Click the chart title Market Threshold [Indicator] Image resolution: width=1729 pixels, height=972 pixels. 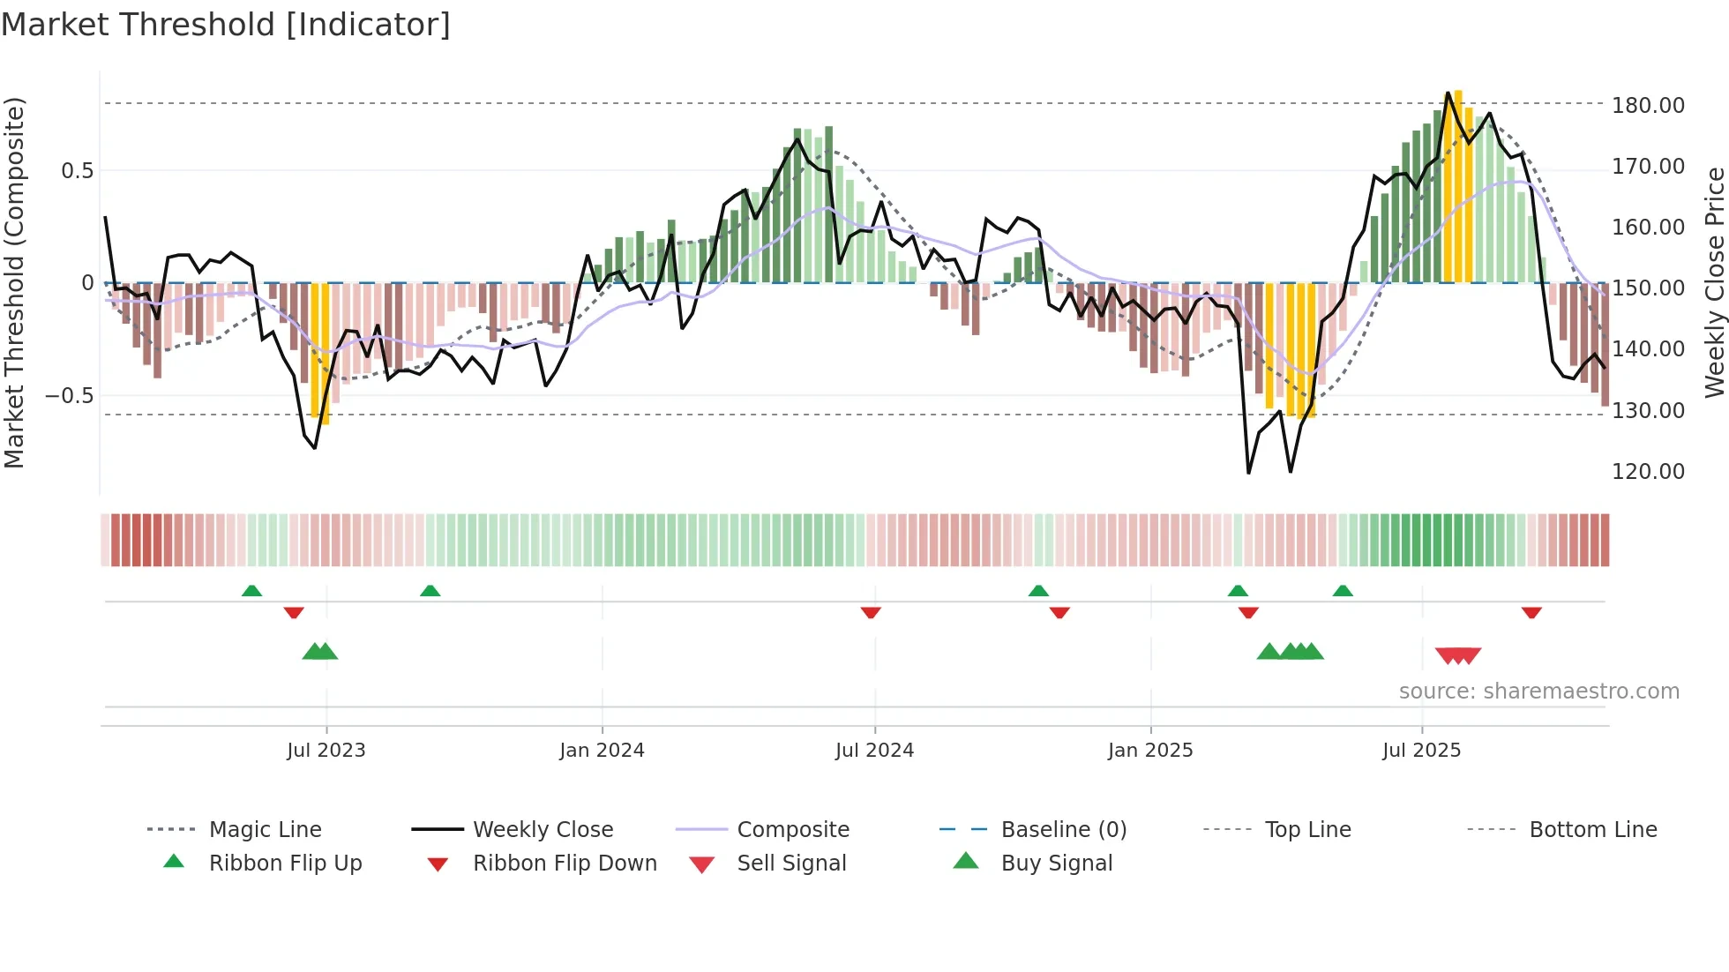(226, 25)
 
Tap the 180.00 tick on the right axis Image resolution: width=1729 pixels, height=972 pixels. (1648, 105)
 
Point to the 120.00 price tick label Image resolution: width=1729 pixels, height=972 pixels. (1648, 471)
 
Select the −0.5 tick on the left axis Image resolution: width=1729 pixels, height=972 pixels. (70, 395)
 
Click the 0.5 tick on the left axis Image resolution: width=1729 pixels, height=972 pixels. (77, 170)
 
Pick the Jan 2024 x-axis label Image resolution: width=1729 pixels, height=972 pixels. (602, 751)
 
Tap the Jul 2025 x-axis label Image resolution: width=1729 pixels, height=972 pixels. (1421, 751)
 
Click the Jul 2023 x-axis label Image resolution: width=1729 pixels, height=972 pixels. (326, 751)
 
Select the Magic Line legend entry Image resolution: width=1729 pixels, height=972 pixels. (265, 829)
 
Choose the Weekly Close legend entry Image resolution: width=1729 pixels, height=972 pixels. (543, 829)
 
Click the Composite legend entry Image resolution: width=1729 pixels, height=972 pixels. (792, 829)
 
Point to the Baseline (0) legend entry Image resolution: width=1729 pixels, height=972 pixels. (1063, 829)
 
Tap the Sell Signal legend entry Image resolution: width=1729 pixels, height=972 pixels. (790, 863)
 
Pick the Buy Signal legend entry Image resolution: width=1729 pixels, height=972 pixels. (1056, 863)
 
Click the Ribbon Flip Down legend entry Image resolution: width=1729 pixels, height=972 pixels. (565, 863)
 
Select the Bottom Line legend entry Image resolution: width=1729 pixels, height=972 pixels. (1592, 829)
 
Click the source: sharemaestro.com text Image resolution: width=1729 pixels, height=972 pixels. (1538, 692)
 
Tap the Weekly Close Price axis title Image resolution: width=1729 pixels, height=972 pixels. (1714, 282)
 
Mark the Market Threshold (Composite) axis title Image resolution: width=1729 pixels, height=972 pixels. (14, 282)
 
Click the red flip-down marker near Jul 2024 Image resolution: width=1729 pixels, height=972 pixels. (871, 612)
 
